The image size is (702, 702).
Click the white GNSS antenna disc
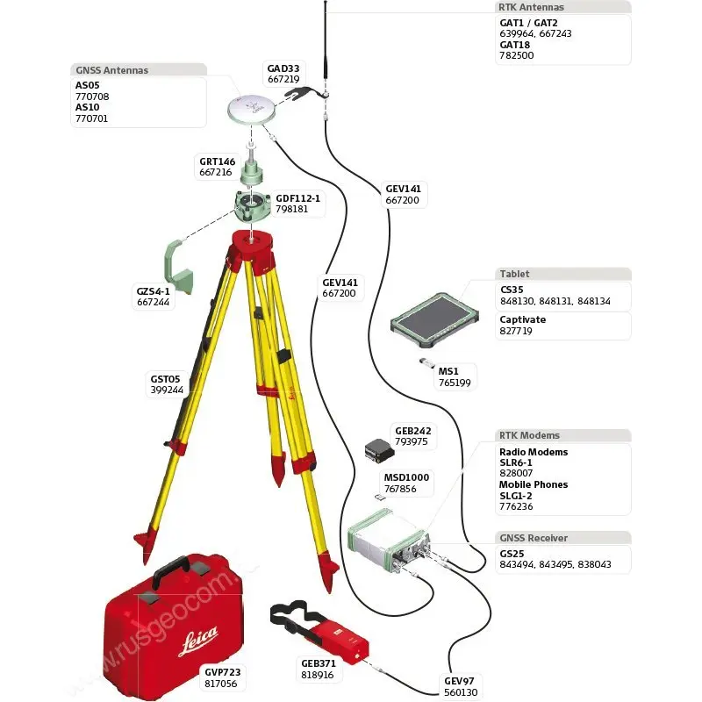251,110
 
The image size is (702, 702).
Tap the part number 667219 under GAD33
284,79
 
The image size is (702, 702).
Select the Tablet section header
515,274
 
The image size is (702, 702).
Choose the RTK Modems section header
529,435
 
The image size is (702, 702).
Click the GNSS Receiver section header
533,538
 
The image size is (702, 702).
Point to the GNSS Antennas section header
111,70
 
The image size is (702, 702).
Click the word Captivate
523,319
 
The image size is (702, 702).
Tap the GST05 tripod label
165,379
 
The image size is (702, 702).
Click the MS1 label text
449,371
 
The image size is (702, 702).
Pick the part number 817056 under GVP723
221,684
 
